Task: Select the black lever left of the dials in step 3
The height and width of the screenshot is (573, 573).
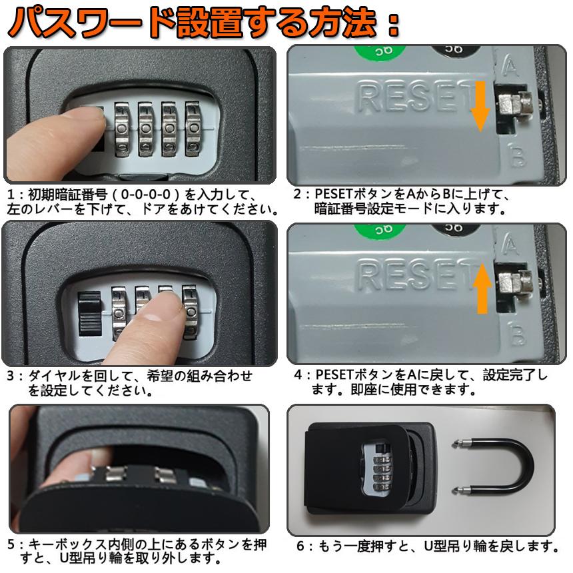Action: coord(88,314)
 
